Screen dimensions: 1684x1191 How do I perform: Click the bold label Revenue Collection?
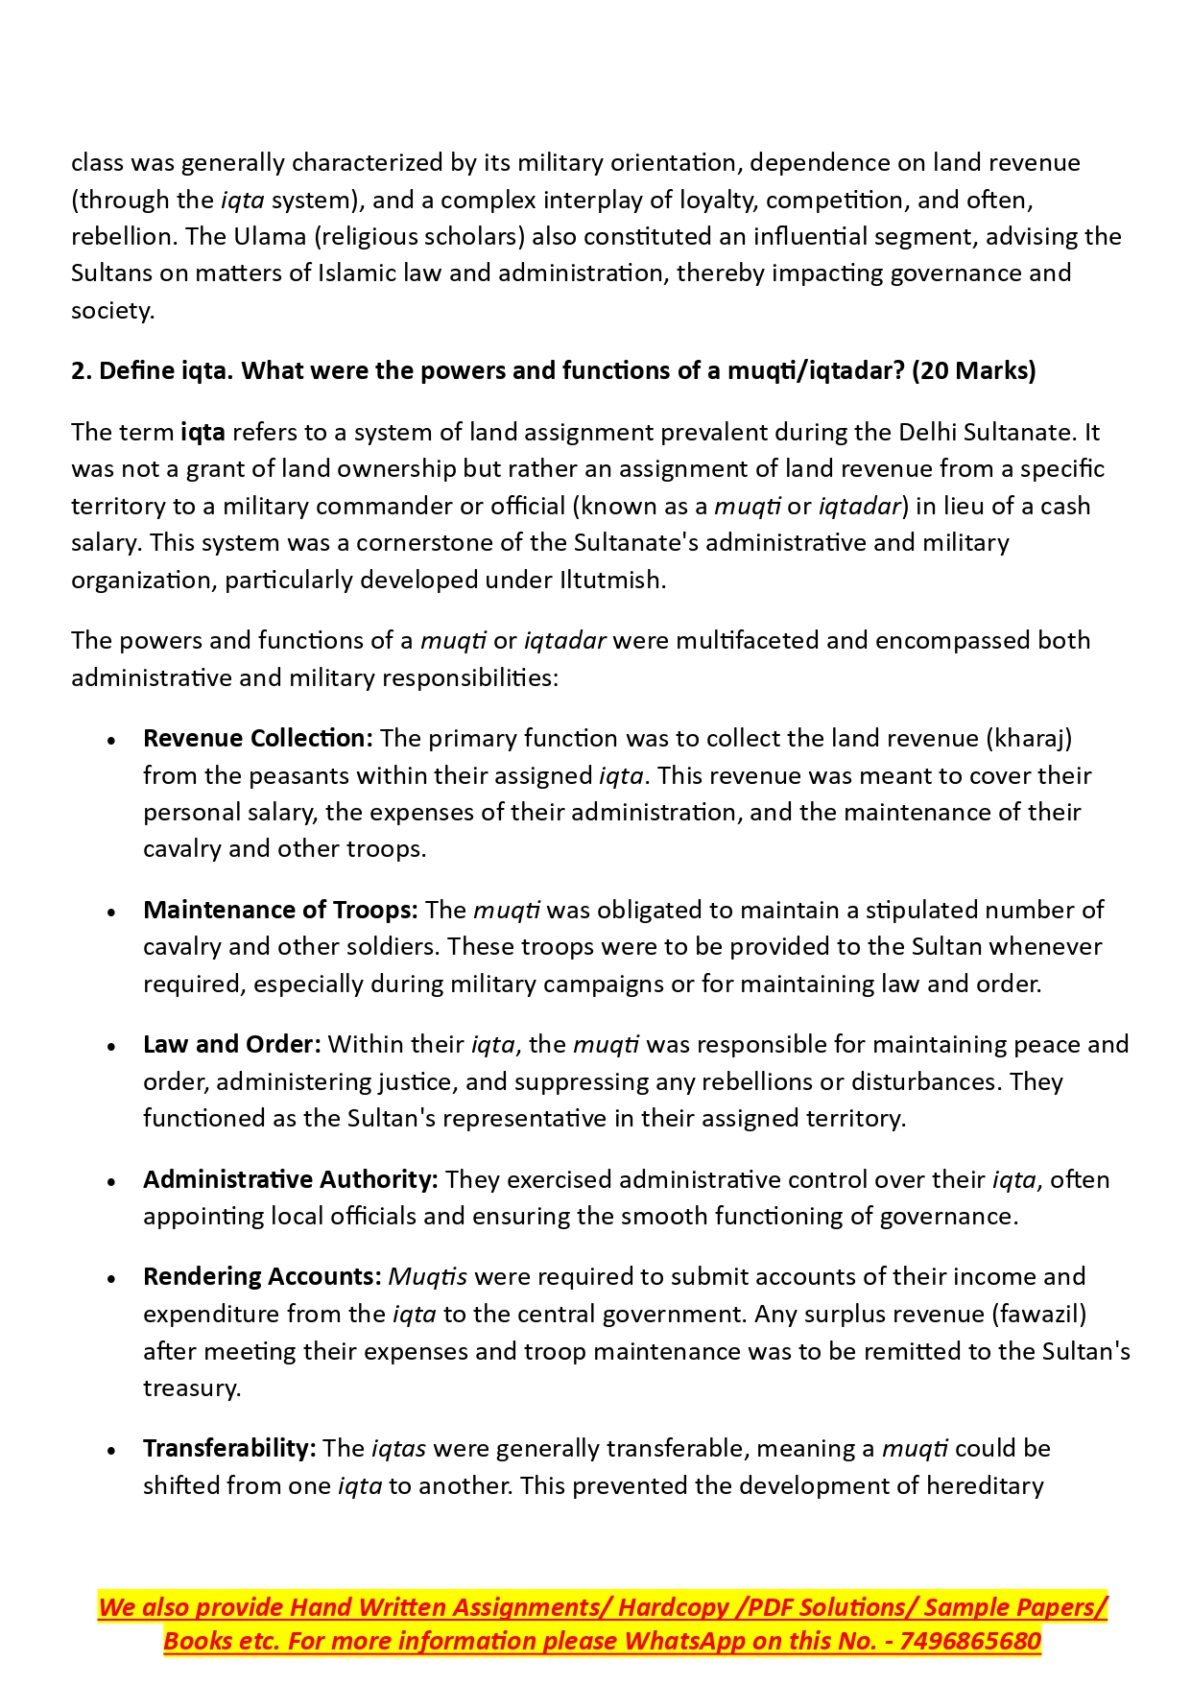257,738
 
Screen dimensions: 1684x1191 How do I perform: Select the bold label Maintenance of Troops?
280,910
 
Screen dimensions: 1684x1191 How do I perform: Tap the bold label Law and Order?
231,1044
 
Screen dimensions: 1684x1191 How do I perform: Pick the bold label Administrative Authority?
290,1179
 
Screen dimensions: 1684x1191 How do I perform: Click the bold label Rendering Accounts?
262,1276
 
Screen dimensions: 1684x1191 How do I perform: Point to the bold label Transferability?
229,1448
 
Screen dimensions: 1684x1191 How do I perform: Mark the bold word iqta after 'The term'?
202,432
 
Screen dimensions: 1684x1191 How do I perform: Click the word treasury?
191,1388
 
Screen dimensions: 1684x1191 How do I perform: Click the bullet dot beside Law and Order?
112,1047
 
